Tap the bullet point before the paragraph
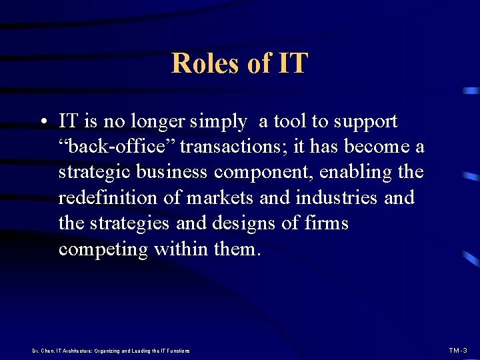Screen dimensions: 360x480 pos(42,123)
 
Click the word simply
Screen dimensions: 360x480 pos(218,122)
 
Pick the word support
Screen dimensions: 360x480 pos(365,122)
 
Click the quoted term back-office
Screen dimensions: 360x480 pos(116,147)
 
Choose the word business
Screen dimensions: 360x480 pos(173,172)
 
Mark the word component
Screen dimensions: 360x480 pos(264,172)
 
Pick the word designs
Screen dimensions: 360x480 pos(246,223)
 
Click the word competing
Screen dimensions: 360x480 pos(103,249)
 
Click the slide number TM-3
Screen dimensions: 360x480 pos(458,350)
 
